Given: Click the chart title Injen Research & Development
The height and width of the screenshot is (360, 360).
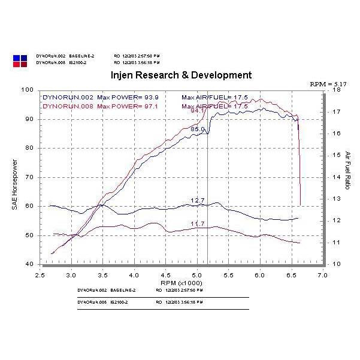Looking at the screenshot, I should [181, 75].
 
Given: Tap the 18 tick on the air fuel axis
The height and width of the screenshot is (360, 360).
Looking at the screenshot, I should [337, 90].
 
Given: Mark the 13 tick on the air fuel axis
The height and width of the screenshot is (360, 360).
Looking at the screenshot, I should [337, 199].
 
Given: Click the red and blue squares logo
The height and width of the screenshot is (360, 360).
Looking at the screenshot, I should [20, 59].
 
